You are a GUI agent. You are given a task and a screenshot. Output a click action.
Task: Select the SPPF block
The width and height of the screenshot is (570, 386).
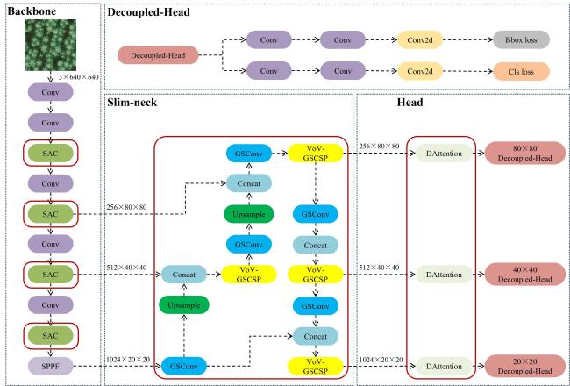(52, 364)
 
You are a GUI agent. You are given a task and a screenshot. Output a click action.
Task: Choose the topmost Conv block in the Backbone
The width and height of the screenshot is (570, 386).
(52, 91)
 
